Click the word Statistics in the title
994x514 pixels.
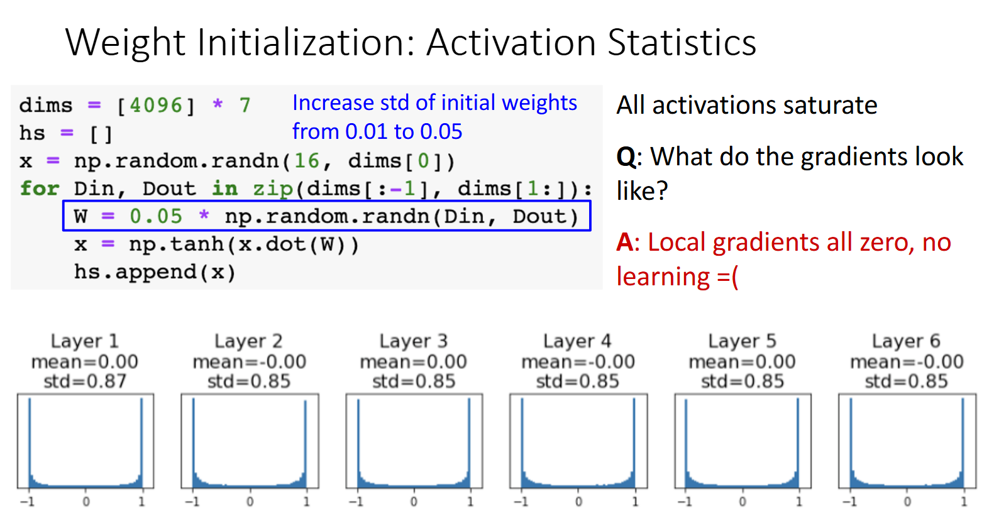[682, 42]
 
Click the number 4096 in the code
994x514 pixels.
[156, 106]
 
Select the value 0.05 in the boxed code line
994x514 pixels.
[156, 216]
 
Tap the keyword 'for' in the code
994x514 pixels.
[40, 189]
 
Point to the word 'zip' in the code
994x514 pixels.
[273, 189]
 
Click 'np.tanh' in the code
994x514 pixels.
[176, 244]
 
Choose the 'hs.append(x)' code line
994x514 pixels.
[155, 272]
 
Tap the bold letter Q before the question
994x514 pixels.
[626, 157]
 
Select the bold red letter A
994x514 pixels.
[625, 242]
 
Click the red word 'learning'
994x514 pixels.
[663, 277]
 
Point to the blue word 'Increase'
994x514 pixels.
[333, 103]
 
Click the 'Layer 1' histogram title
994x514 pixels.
[85, 341]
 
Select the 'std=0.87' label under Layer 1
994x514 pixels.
[86, 381]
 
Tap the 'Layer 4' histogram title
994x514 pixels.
[577, 341]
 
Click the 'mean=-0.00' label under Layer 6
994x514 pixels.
[907, 361]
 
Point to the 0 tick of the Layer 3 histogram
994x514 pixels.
[414, 501]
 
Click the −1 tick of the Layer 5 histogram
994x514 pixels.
[685, 501]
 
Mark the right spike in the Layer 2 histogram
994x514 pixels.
[306, 444]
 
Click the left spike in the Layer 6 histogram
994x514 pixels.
[851, 444]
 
